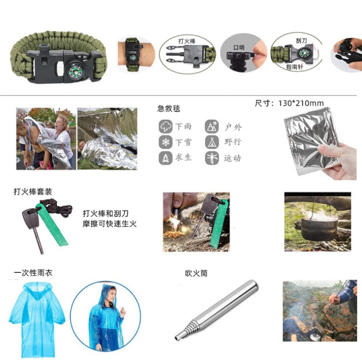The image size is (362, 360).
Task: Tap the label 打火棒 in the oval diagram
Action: click(x=187, y=41)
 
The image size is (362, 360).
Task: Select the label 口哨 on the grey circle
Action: click(x=239, y=47)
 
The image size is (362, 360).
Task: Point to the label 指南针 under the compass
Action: click(x=294, y=67)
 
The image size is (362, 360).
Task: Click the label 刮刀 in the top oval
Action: click(x=301, y=40)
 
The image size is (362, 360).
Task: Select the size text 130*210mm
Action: click(x=301, y=103)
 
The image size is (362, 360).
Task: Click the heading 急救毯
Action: click(x=168, y=108)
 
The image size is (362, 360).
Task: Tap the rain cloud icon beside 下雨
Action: click(x=165, y=126)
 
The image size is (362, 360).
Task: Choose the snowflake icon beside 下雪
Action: click(x=165, y=142)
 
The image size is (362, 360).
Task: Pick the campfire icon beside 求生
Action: click(x=165, y=158)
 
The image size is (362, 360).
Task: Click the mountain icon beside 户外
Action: click(x=212, y=126)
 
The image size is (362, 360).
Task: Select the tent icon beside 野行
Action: click(x=212, y=142)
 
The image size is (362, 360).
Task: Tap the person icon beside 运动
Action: click(x=212, y=158)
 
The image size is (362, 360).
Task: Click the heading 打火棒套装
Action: click(x=33, y=192)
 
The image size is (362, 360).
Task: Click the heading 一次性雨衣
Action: click(x=33, y=273)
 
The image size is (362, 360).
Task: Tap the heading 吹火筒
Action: click(x=196, y=273)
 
